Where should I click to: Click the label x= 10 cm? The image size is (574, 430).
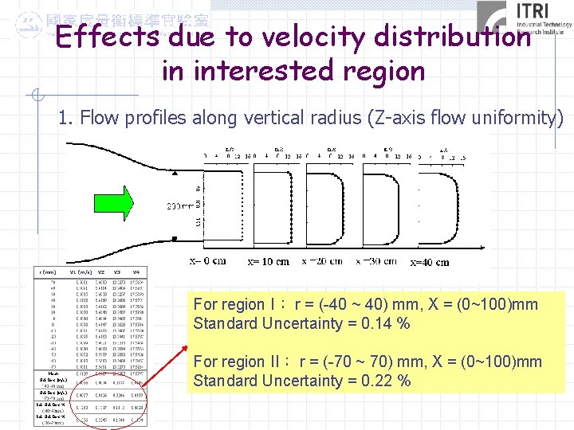(269, 261)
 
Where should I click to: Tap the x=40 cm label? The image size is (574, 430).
(429, 262)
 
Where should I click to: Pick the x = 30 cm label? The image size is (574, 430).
(376, 260)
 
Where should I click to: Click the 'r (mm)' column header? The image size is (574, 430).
(47, 272)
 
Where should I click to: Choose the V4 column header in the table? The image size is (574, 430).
(136, 272)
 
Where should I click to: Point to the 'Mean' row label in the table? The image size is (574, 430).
(52, 372)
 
